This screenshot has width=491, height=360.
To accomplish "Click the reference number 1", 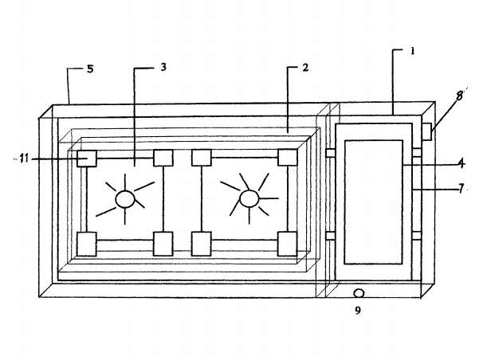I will tap(413, 50).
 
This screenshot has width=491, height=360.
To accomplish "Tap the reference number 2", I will tap(305, 68).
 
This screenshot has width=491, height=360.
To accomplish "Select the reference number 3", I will tap(163, 68).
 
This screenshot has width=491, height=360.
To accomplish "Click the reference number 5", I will tap(90, 69).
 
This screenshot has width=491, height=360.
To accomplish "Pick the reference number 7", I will tap(462, 189).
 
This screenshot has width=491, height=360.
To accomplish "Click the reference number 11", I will tap(24, 159).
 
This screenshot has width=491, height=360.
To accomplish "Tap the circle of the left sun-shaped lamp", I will tap(124, 198).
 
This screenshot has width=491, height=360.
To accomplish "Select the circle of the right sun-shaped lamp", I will tap(249, 197).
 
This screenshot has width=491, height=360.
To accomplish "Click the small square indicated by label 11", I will tap(86, 159).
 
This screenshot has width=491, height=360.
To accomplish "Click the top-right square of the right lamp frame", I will tap(287, 157).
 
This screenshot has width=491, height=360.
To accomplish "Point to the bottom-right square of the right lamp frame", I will tap(287, 242).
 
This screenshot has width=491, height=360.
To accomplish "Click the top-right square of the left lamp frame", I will tap(163, 158).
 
